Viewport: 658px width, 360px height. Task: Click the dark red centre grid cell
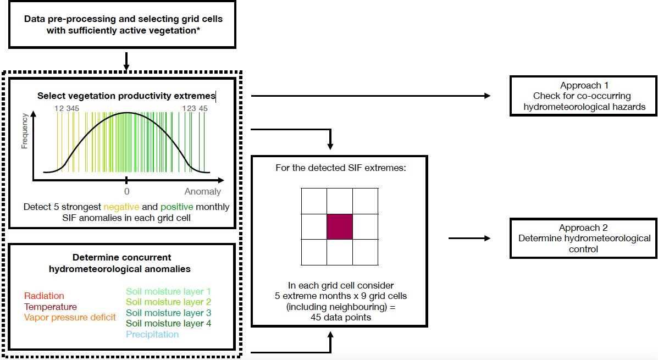340,226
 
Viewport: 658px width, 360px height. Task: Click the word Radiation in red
44,296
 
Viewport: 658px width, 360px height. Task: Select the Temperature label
51,307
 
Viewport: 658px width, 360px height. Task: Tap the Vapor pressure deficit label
70,317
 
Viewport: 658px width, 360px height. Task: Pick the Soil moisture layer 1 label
168,291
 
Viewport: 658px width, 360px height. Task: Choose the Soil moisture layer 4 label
168,323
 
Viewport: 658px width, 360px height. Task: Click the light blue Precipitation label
152,334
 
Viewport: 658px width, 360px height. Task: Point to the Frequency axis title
24,131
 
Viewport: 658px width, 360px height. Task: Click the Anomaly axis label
202,192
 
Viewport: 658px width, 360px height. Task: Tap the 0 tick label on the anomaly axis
126,192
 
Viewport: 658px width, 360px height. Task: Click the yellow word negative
122,207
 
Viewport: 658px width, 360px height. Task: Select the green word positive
177,207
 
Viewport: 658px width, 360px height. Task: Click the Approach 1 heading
584,86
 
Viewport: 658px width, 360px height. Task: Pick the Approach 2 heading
584,228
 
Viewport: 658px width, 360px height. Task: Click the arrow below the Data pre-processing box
126,61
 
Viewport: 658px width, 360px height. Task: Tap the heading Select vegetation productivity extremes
126,96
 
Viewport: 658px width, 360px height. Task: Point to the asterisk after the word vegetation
198,30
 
